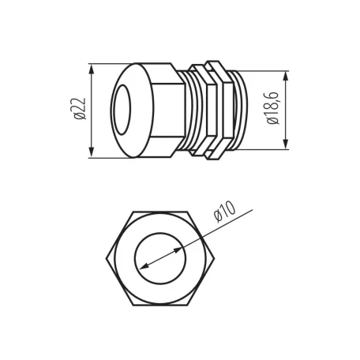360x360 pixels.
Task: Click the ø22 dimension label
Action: [x=80, y=109]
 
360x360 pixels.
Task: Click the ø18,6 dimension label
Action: [x=272, y=108]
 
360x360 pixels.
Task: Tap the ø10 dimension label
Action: [x=224, y=212]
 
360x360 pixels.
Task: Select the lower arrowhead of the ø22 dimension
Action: [x=92, y=152]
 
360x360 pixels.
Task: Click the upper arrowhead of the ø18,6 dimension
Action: [x=286, y=77]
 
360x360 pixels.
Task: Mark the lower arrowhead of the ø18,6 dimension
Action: [x=286, y=144]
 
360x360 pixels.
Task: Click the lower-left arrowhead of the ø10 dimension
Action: [x=144, y=266]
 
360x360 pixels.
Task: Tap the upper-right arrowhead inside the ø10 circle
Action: [x=177, y=250]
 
